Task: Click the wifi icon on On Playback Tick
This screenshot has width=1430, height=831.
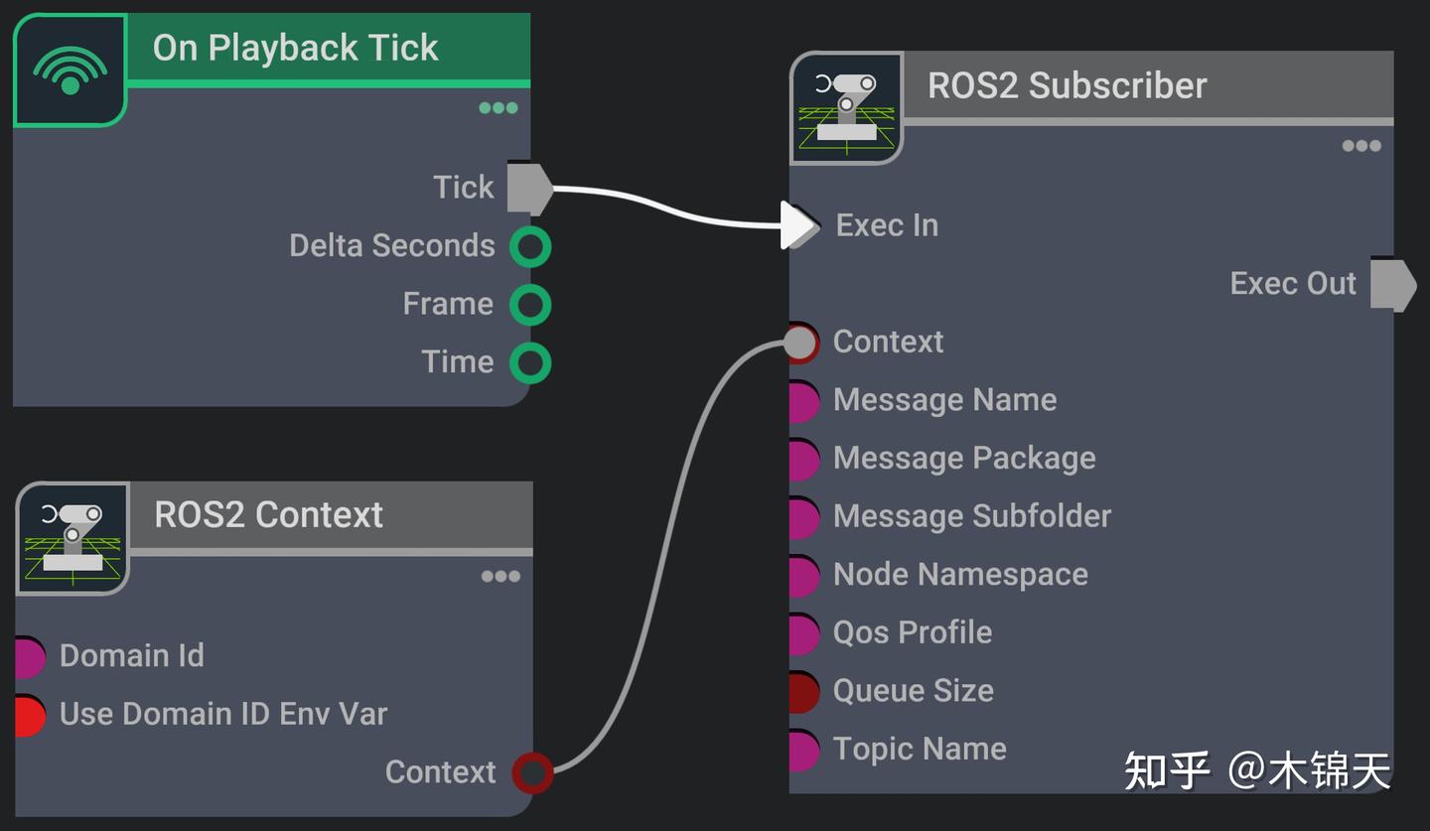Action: pos(70,69)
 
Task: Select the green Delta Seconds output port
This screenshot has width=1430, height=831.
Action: pos(530,246)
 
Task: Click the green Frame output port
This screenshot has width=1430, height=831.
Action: pos(530,305)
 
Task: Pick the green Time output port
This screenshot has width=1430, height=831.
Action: pos(530,362)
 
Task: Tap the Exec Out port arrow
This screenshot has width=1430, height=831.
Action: pos(1392,285)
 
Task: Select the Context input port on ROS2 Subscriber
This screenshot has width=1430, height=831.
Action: pos(800,343)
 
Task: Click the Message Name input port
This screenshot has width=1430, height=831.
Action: pos(802,401)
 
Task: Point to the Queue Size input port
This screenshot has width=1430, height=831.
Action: pos(802,692)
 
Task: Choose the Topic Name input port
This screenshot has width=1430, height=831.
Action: pos(802,751)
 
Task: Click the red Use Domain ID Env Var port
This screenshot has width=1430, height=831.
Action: pos(29,715)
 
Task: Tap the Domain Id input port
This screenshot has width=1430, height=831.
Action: pos(29,656)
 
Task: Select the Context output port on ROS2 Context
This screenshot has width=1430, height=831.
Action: pos(532,772)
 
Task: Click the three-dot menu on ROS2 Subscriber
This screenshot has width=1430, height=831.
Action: pos(1360,146)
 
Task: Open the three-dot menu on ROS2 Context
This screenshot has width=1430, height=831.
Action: pos(500,577)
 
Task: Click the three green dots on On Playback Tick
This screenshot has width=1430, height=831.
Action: pos(498,108)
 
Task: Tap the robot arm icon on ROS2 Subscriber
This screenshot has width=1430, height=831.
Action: pos(846,108)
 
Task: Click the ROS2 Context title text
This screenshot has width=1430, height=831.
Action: pos(268,515)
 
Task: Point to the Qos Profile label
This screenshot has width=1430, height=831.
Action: pos(912,632)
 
